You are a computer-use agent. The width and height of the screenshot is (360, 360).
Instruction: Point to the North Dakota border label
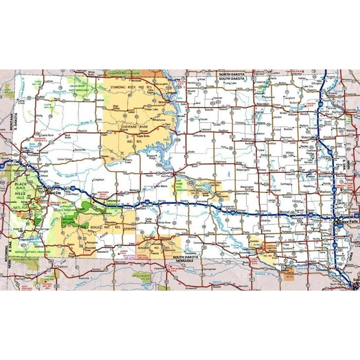(231, 74)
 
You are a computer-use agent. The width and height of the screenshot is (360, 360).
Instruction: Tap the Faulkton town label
(222, 131)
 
